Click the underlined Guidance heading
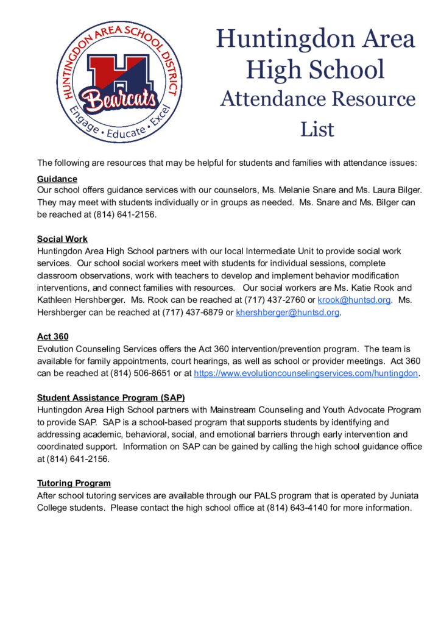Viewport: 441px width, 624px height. [x=57, y=179]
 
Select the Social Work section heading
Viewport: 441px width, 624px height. [x=62, y=239]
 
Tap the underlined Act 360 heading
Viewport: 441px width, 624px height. [x=52, y=336]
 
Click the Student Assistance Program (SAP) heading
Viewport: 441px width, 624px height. [x=111, y=398]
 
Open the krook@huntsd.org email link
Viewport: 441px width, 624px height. [x=354, y=300]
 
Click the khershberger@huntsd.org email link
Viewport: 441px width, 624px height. [x=288, y=313]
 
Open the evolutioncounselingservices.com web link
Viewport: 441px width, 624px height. [x=306, y=373]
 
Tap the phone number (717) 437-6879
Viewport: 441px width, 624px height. [x=191, y=313]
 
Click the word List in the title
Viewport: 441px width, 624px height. [x=317, y=129]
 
